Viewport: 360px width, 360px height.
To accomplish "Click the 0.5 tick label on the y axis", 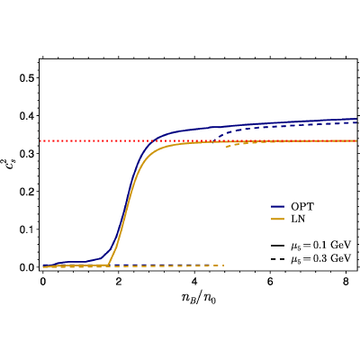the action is (x=28, y=78).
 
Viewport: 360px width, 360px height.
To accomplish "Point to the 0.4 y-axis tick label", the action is (x=28, y=116).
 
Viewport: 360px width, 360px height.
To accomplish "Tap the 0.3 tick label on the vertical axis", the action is (x=28, y=154).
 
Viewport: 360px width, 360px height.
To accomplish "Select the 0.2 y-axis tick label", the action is (x=28, y=192).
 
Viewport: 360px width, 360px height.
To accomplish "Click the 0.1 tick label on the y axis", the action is (x=28, y=229).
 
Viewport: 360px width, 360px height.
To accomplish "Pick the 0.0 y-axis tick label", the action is (x=28, y=267).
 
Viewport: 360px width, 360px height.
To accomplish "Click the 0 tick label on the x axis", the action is (x=43, y=283).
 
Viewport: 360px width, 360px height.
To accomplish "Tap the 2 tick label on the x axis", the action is (x=119, y=283).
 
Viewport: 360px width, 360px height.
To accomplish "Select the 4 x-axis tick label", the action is (x=194, y=283).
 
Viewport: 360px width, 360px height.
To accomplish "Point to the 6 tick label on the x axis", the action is (x=271, y=283).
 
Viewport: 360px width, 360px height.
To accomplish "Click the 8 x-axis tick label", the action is (x=346, y=283).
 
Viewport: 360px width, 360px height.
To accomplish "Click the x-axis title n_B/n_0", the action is (x=199, y=298).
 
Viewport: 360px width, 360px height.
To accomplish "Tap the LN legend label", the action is (x=298, y=220).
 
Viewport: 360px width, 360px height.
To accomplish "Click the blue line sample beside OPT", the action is (x=277, y=207).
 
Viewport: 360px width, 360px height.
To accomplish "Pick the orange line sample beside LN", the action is (x=277, y=220).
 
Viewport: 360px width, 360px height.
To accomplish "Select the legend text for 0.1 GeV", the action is (x=320, y=245).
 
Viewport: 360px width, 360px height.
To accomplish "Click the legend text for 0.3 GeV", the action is (x=320, y=258).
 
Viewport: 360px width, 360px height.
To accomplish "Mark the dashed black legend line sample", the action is (x=277, y=258).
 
